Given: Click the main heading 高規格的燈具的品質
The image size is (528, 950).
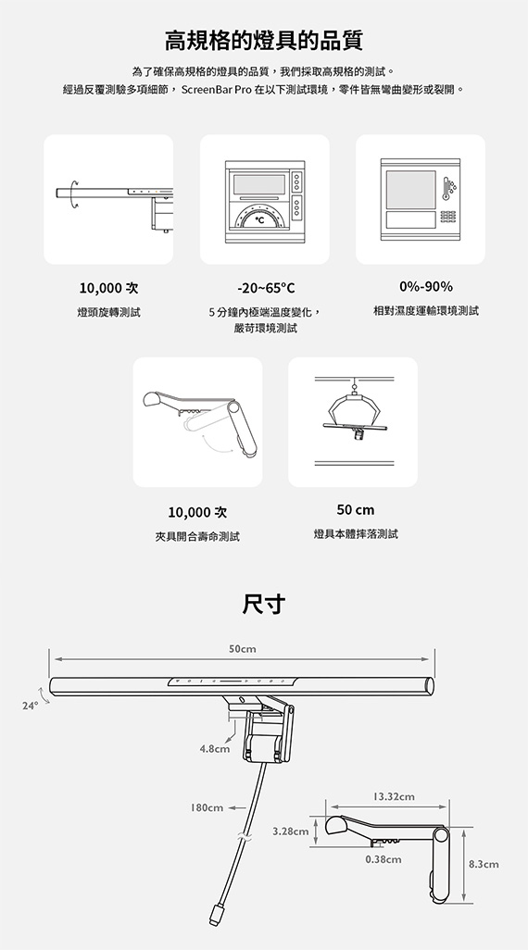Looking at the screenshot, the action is [x=264, y=41].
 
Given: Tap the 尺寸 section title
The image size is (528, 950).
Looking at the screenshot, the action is [x=264, y=604].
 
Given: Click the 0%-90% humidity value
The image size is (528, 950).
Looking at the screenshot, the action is [x=425, y=287].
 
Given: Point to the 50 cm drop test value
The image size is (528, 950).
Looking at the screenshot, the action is [x=355, y=509].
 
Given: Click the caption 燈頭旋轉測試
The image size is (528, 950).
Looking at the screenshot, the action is [x=108, y=312].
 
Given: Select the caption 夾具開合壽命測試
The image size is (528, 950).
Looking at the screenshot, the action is [x=197, y=536].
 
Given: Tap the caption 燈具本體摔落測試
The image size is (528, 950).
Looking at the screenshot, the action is [x=356, y=533].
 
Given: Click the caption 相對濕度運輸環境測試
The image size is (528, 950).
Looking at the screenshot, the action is [x=425, y=311].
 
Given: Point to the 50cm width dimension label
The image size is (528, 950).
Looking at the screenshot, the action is [x=243, y=649].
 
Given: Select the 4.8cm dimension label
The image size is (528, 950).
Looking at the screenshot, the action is [x=215, y=749].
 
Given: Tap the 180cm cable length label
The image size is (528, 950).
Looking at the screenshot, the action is [x=207, y=807].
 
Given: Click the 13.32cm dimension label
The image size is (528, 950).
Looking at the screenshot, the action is [x=394, y=796].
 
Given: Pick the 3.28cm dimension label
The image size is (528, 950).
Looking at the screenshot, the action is [x=291, y=831].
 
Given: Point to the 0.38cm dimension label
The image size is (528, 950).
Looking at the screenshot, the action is [x=383, y=859].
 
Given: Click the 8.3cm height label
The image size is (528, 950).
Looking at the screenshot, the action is [x=484, y=864].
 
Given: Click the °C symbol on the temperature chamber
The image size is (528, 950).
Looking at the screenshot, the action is [x=259, y=220].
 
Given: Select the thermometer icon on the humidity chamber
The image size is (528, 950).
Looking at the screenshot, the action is [x=446, y=188].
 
